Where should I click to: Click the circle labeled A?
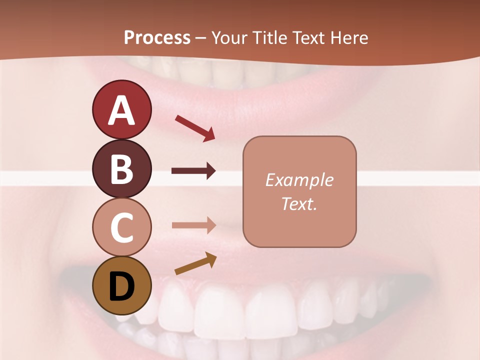121,109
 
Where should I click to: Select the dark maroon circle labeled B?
121,168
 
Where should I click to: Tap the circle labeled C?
121,227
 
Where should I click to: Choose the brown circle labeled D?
121,285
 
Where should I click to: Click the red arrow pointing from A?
195,128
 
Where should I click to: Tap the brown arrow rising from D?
195,263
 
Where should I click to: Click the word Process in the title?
157,37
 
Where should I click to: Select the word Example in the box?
299,180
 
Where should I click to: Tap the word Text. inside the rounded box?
299,203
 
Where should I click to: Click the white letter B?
121,169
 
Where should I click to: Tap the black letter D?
121,286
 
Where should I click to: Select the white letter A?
121,110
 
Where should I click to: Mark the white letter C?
121,227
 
